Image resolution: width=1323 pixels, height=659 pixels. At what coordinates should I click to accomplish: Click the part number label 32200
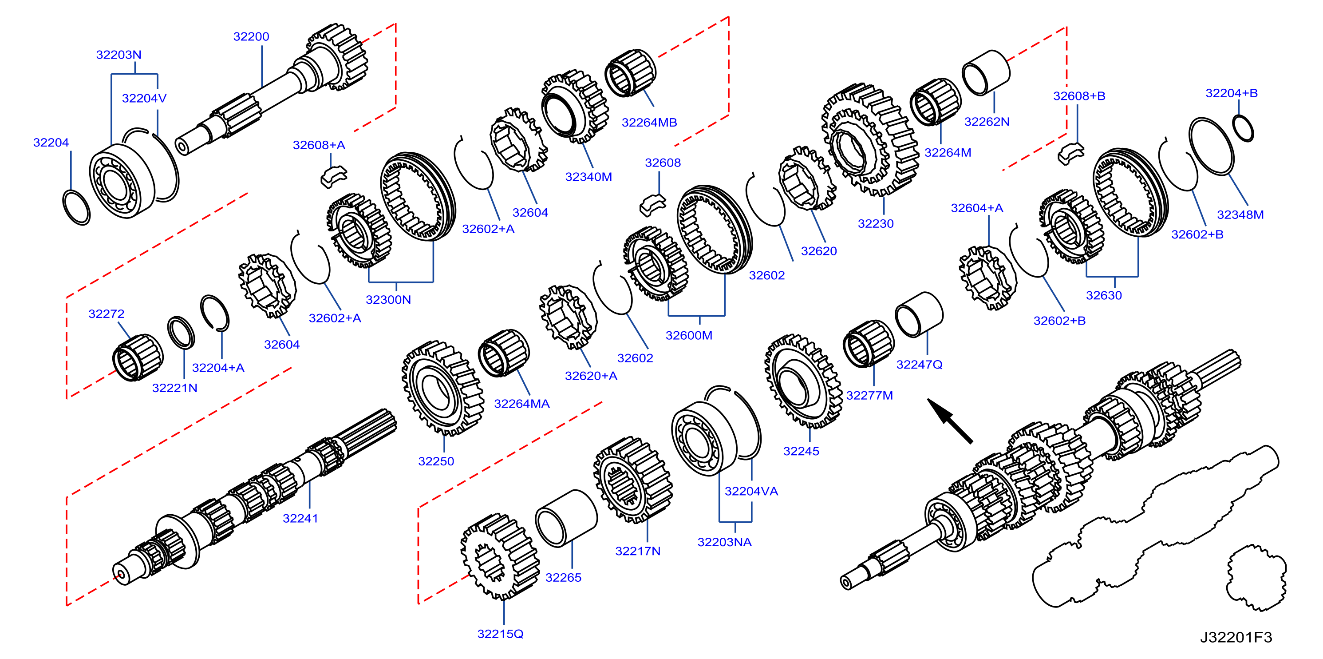(251, 36)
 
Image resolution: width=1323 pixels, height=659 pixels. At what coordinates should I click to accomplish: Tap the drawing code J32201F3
(1236, 637)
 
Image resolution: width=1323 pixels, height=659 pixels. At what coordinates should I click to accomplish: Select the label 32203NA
(724, 542)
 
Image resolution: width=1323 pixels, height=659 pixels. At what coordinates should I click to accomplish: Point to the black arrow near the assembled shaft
(950, 421)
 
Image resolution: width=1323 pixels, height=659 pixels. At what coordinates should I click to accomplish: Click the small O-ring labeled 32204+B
(1243, 128)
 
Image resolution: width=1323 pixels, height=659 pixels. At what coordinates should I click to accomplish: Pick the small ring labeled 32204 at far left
(76, 207)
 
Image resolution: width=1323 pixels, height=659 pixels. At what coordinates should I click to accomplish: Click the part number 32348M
(1240, 214)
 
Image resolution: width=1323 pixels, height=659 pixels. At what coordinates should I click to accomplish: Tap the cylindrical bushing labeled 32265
(566, 518)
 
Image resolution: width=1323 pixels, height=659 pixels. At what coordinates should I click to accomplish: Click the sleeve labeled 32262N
(986, 72)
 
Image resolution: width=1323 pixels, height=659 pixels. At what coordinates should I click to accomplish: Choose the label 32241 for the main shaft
(300, 518)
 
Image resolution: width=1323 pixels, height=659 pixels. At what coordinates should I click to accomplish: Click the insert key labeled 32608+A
(333, 176)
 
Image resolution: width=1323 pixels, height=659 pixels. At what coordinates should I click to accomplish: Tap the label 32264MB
(649, 123)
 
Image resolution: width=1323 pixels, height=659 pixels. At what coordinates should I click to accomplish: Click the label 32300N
(388, 299)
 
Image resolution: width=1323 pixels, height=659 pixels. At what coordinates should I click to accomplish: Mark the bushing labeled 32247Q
(919, 314)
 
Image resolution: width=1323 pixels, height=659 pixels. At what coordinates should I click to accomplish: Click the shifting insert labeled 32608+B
(1071, 153)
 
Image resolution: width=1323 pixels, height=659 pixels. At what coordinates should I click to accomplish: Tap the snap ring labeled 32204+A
(215, 313)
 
